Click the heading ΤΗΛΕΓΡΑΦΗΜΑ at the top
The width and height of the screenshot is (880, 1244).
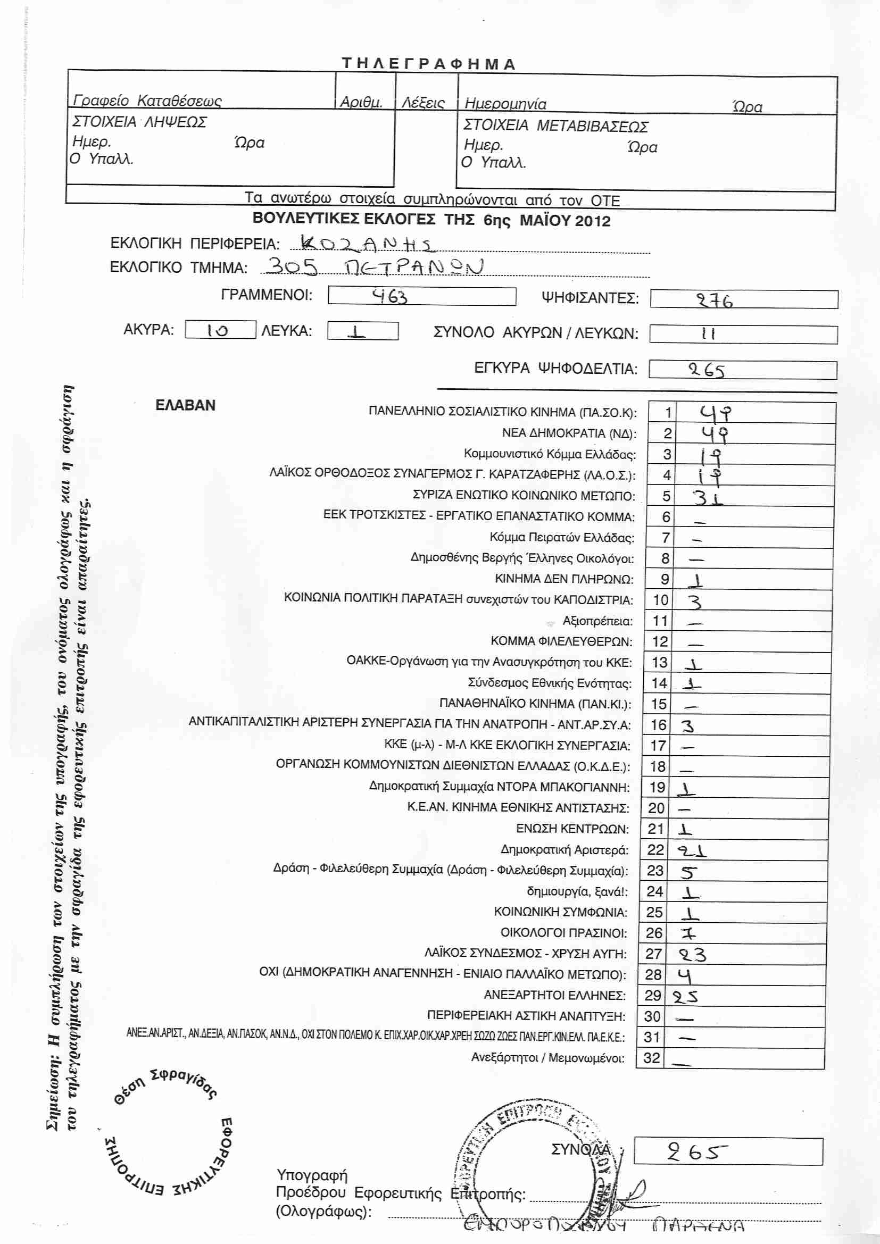428,64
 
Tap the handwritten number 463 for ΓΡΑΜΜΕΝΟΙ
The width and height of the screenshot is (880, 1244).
389,296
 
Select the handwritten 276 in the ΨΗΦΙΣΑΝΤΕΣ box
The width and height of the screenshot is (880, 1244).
715,300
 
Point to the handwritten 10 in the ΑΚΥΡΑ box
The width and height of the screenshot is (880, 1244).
218,330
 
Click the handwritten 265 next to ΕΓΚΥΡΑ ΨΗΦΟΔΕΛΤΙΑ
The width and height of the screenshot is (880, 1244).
707,371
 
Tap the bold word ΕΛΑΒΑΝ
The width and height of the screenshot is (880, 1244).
185,405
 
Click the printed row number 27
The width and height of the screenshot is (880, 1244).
654,954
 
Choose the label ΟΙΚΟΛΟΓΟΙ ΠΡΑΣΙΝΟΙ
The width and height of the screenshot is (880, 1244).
563,933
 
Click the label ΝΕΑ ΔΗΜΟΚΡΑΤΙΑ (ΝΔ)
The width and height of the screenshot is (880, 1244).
569,433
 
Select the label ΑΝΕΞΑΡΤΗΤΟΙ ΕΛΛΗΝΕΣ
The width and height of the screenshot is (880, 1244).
554,995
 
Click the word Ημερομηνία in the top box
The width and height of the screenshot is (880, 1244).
505,104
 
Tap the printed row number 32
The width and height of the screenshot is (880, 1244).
652,1058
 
